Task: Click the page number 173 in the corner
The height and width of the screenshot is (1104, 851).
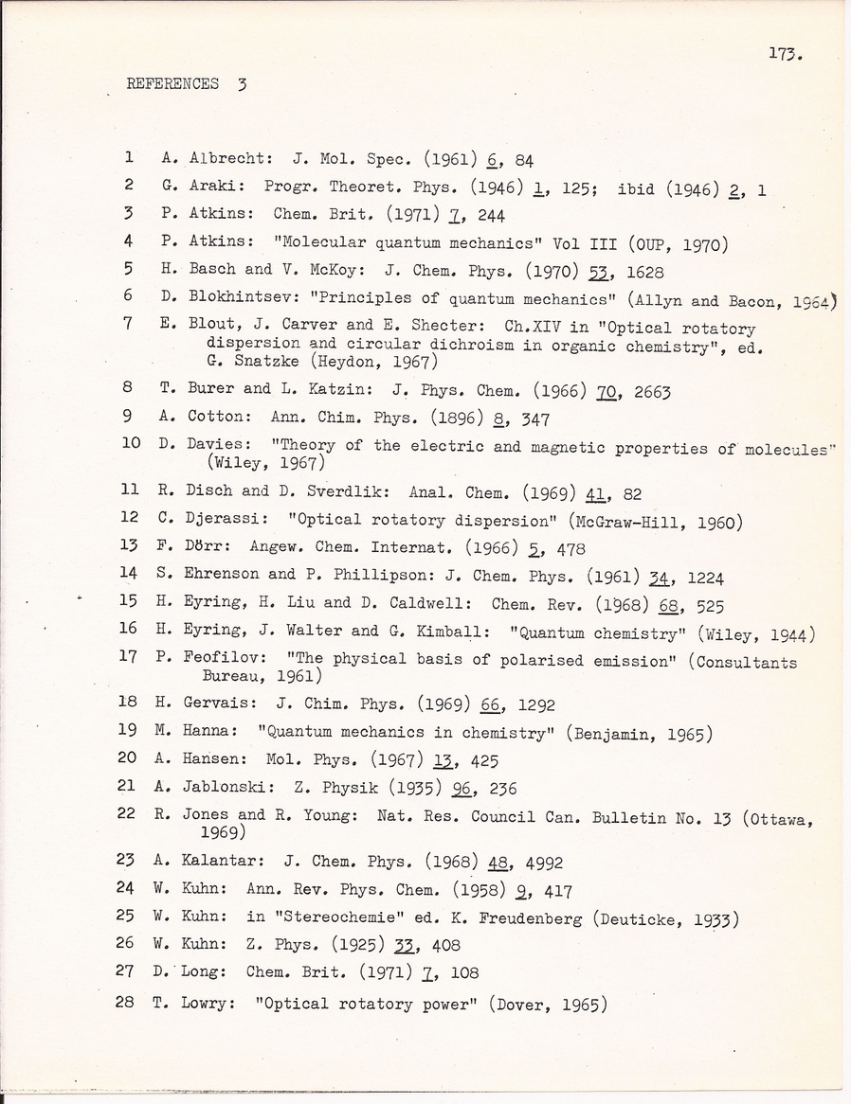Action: tap(787, 55)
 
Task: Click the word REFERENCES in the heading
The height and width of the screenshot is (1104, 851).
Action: tap(172, 84)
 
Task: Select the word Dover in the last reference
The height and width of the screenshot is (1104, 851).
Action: tap(526, 1003)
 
